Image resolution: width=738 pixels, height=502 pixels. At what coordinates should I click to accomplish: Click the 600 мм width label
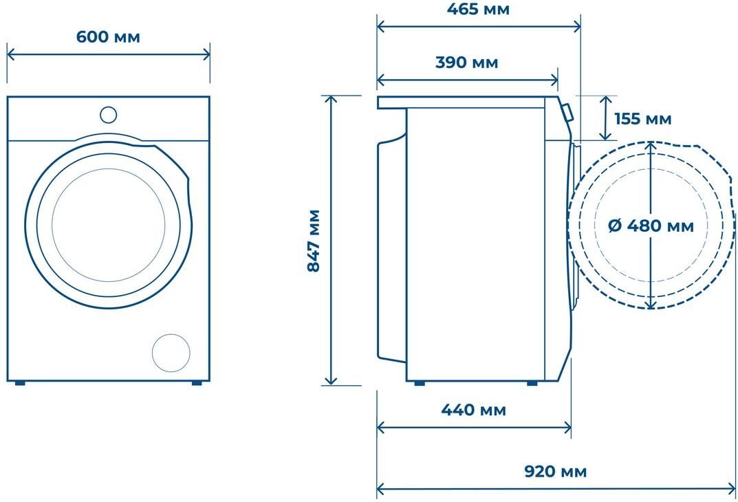click(x=108, y=36)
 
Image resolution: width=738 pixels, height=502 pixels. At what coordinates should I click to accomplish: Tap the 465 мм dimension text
click(x=478, y=10)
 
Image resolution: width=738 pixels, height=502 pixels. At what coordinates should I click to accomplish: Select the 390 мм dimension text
click(x=466, y=62)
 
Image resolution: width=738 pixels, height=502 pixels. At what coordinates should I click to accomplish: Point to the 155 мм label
click(x=643, y=118)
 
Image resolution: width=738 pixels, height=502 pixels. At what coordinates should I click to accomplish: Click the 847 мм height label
click(x=314, y=241)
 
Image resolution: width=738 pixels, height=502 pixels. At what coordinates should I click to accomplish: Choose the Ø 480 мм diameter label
click(x=651, y=226)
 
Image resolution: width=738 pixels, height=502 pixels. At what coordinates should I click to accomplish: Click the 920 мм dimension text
click(x=555, y=471)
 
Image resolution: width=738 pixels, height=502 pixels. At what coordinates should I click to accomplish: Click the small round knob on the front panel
click(x=108, y=115)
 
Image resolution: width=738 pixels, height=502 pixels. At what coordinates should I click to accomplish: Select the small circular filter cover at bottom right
click(x=171, y=353)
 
